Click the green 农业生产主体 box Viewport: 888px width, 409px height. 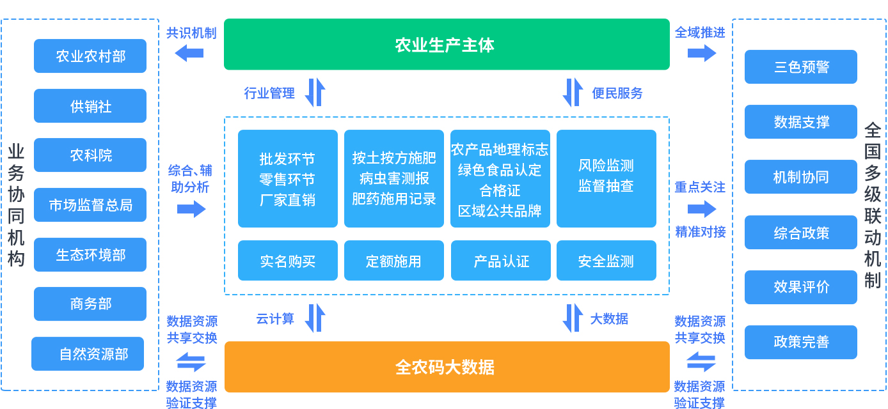[446, 45]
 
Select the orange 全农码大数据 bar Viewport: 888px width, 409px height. [447, 367]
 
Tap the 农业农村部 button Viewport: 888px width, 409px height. [90, 56]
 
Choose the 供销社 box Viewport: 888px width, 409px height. [90, 106]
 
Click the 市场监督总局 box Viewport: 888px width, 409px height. [90, 205]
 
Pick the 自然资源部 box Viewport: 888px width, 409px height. [88, 354]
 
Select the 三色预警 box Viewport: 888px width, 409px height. [800, 67]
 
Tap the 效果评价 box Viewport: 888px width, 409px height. [800, 287]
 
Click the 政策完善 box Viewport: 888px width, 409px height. [800, 342]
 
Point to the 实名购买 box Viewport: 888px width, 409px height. [287, 261]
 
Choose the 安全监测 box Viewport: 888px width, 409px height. [606, 261]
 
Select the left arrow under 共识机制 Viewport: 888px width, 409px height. [189, 53]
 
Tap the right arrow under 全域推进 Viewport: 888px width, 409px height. [702, 53]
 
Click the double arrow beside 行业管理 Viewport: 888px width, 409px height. [315, 93]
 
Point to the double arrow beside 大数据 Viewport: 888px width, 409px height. [573, 318]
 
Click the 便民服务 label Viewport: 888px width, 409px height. [617, 93]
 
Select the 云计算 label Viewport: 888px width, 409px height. [275, 318]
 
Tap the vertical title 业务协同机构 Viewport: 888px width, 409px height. [16, 204]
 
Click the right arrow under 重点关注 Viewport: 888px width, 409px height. [702, 209]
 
